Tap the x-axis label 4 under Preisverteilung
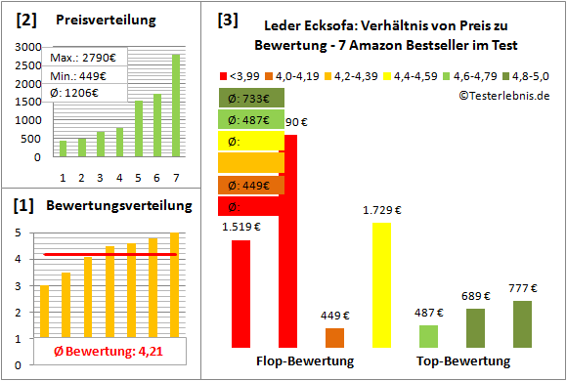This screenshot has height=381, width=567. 119,177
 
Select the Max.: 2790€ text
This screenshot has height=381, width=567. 83,59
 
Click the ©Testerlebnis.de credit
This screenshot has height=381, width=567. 502,95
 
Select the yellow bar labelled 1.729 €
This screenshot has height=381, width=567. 381,284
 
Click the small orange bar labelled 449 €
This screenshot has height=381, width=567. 334,338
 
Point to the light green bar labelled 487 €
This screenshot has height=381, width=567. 428,336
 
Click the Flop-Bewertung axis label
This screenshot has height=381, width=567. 304,361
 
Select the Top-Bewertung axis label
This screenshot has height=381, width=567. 462,361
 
